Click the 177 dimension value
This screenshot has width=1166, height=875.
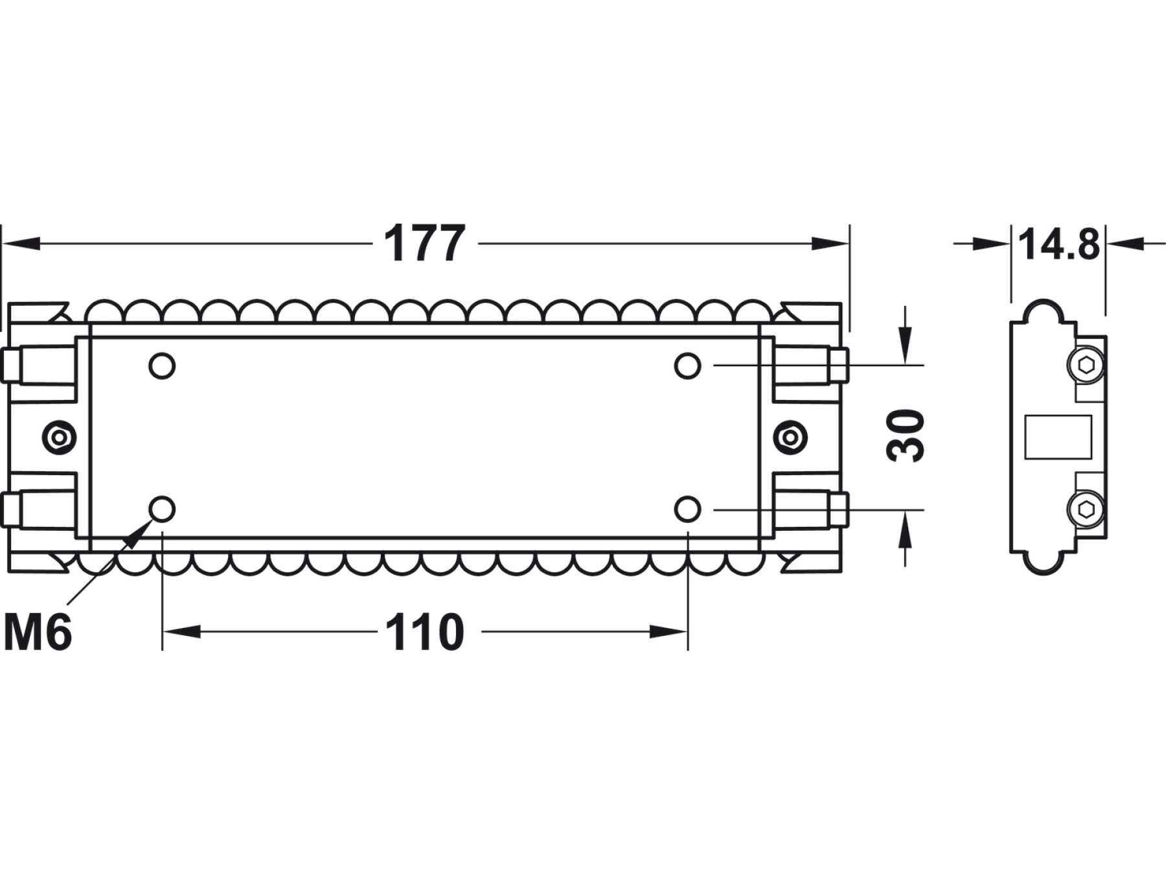424,244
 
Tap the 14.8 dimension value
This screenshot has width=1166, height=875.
1059,244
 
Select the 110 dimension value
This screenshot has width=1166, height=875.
425,632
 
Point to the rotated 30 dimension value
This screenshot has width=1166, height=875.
905,436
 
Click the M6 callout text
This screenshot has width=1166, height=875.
38,632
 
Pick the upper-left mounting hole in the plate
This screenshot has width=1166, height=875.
162,366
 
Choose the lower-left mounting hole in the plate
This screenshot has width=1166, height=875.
162,509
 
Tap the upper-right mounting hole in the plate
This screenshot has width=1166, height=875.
687,366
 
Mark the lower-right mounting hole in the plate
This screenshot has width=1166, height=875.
687,509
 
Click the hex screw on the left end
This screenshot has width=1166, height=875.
60,438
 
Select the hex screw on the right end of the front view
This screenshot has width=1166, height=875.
790,438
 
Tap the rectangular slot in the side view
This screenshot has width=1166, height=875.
1058,437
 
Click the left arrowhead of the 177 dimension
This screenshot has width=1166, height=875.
21,244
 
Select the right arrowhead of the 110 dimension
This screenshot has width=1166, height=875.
669,631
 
